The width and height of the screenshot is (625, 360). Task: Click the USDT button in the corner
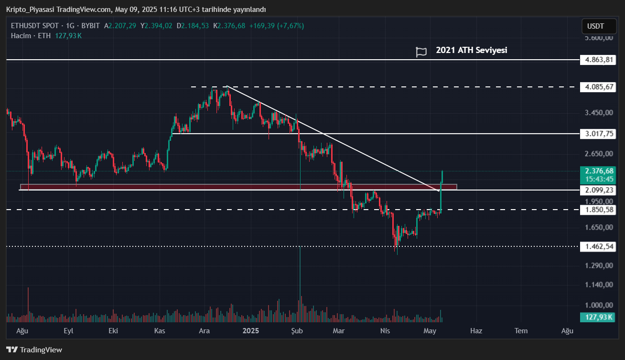pyautogui.click(x=595, y=26)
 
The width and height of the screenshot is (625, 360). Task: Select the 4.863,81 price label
pyautogui.click(x=596, y=60)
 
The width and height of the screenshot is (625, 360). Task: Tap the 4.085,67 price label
pyautogui.click(x=596, y=87)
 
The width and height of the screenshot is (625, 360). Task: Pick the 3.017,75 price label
pyautogui.click(x=596, y=134)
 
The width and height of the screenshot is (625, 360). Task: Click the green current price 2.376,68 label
pyautogui.click(x=596, y=170)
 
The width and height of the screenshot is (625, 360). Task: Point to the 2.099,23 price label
pyautogui.click(x=596, y=190)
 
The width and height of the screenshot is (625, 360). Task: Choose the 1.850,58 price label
pyautogui.click(x=596, y=210)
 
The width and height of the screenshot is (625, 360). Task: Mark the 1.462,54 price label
pyautogui.click(x=596, y=246)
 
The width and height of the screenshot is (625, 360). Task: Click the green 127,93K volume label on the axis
pyautogui.click(x=596, y=317)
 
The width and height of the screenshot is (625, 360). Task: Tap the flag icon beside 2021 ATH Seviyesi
pyautogui.click(x=421, y=52)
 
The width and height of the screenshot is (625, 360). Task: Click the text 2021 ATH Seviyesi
pyautogui.click(x=471, y=50)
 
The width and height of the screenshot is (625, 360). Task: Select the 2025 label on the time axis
pyautogui.click(x=251, y=330)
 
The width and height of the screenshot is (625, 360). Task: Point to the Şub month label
pyautogui.click(x=297, y=330)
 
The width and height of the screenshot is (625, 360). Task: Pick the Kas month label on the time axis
pyautogui.click(x=160, y=330)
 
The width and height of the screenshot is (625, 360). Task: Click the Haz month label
pyautogui.click(x=476, y=330)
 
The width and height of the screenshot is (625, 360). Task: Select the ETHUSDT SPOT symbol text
pyautogui.click(x=35, y=26)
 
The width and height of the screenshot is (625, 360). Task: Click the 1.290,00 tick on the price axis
pyautogui.click(x=598, y=265)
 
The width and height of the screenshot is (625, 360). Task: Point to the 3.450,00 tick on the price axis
pyautogui.click(x=598, y=113)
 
